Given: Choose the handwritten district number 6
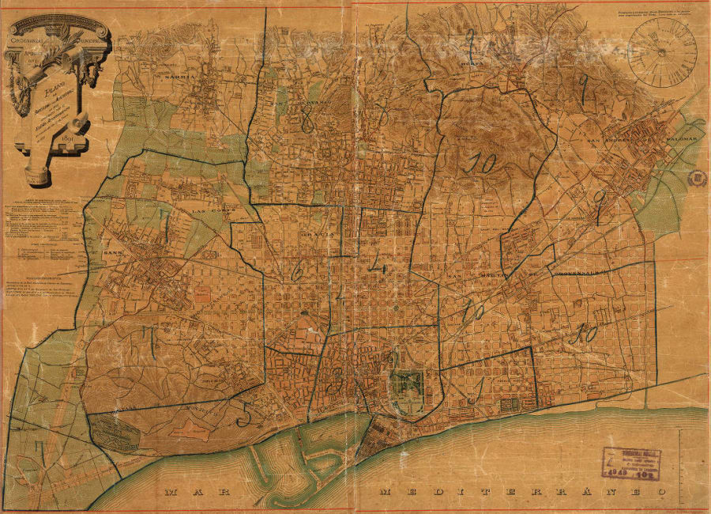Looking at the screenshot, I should (x=297, y=273).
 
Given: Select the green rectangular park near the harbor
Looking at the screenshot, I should (x=408, y=386).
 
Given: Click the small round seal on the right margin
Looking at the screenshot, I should (x=697, y=178).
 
